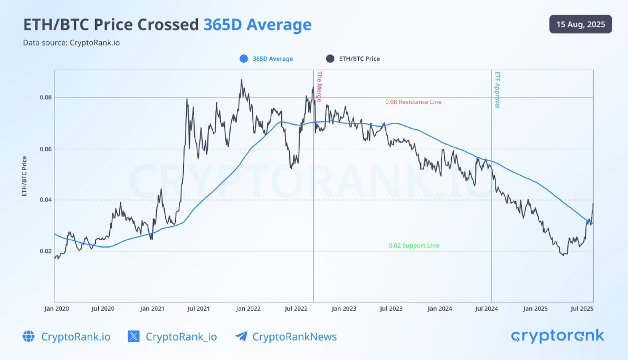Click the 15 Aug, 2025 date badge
click(581, 24)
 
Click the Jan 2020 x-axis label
click(56, 308)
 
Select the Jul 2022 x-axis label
click(297, 308)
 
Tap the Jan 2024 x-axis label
click(440, 308)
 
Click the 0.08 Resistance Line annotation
click(413, 102)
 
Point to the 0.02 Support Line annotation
click(414, 245)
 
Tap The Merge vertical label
click(319, 88)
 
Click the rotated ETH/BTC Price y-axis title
click(24, 176)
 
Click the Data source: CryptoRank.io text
click(71, 42)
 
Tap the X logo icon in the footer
click(134, 336)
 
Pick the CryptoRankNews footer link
click(294, 336)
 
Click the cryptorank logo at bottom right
click(558, 336)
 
